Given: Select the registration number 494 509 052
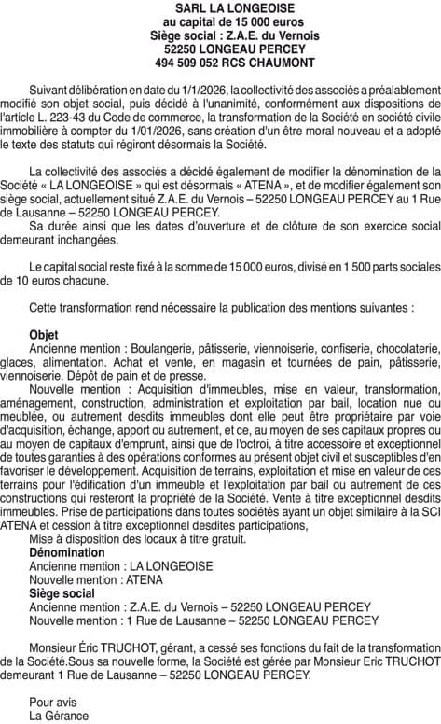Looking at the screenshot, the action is [192, 63].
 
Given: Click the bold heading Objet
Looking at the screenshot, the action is [44, 334].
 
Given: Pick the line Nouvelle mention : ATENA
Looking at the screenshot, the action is [95, 578].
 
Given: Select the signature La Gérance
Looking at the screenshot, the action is [59, 716].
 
